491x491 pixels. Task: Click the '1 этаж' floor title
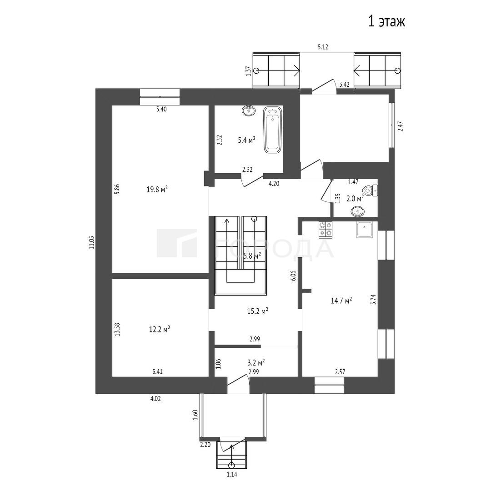pos(386,22)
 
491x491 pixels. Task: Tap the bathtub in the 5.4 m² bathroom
pos(272,130)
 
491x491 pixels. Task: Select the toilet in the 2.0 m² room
pos(370,190)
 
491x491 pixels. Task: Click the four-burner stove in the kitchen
pos(326,230)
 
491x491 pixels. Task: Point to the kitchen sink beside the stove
pos(365,230)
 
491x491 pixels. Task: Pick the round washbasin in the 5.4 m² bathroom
pos(249,110)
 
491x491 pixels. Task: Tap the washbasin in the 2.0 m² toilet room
pos(357,212)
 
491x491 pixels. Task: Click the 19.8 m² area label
pos(157,190)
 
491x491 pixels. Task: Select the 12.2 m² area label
pos(160,329)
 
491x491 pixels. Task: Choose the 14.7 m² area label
pos(341,301)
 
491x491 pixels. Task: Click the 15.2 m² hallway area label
pos(257,311)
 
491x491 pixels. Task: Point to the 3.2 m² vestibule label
pos(256,363)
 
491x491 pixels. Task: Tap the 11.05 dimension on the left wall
pos(91,242)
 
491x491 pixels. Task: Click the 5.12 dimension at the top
pos(323,47)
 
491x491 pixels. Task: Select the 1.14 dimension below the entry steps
pos(232,474)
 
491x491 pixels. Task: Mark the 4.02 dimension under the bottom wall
pos(155,399)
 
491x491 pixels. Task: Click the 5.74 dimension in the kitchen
pos(373,300)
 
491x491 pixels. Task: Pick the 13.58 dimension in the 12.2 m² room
pos(117,330)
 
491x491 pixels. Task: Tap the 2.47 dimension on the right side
pos(400,126)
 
